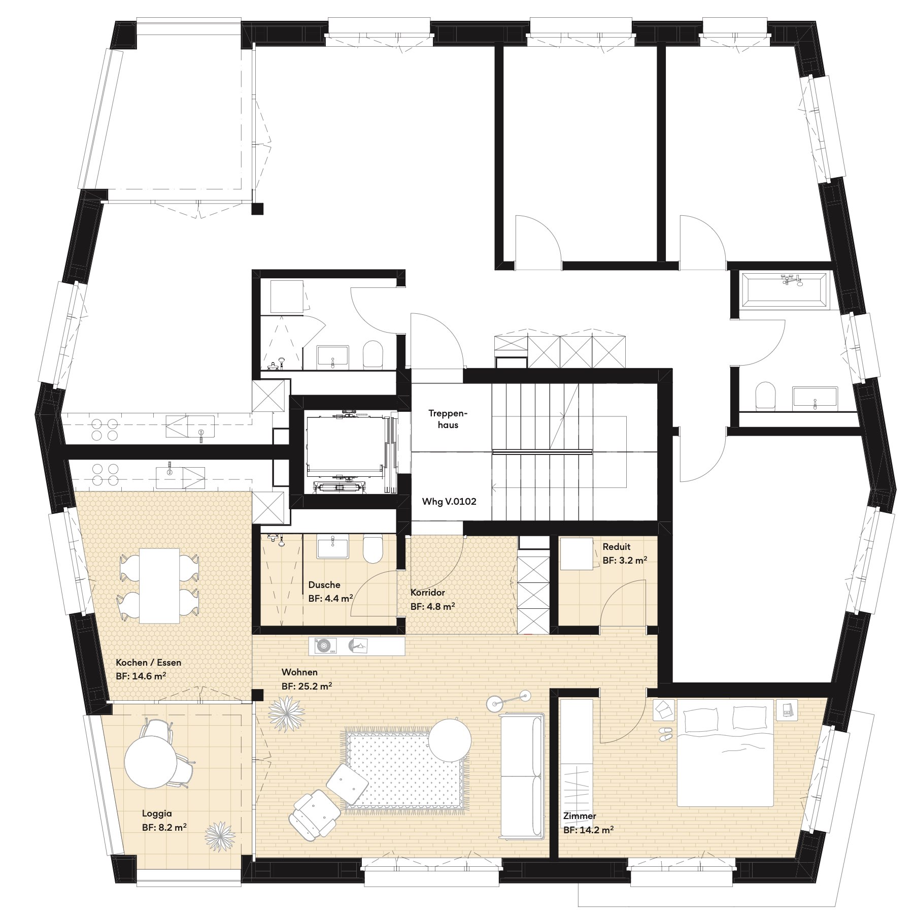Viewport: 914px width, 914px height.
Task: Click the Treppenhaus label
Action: coord(448,419)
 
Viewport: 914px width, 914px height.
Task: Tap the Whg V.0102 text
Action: coord(449,502)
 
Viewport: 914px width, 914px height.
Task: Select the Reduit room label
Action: coord(617,547)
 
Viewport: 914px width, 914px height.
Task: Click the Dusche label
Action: coord(324,585)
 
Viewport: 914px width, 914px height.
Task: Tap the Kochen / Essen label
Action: coord(148,663)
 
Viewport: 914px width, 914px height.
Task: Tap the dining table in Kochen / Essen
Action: coord(160,585)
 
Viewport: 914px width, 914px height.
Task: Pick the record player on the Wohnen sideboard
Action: coord(325,646)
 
